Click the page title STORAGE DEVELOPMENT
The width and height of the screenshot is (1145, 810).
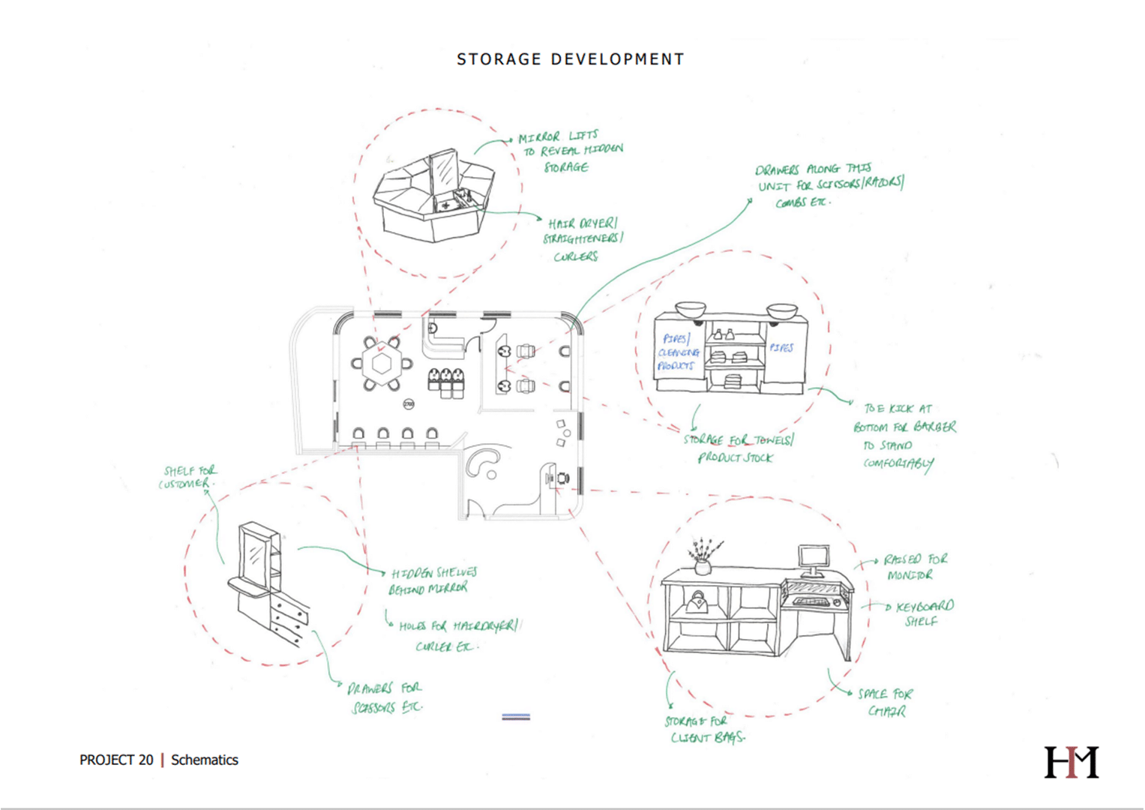tap(570, 59)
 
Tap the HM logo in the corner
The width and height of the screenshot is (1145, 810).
tap(1072, 762)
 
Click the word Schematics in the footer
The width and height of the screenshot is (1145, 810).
tap(205, 760)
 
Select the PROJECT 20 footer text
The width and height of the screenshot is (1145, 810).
tap(116, 760)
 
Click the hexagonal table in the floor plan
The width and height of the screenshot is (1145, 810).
tap(382, 364)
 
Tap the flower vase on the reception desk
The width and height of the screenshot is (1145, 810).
tap(703, 558)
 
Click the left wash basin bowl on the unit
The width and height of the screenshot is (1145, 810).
tap(691, 309)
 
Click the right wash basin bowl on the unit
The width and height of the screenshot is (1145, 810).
tap(782, 309)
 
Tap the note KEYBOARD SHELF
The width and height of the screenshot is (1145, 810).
tap(924, 613)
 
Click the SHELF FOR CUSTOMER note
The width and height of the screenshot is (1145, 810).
tap(187, 477)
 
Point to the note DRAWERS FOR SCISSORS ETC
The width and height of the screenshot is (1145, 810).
tap(385, 697)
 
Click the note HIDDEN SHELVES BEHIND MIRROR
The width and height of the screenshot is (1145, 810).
tap(432, 580)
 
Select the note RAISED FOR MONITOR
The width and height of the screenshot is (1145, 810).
tap(913, 567)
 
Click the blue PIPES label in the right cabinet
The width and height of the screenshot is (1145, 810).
tap(781, 348)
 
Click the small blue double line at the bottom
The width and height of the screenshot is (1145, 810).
tap(516, 717)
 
